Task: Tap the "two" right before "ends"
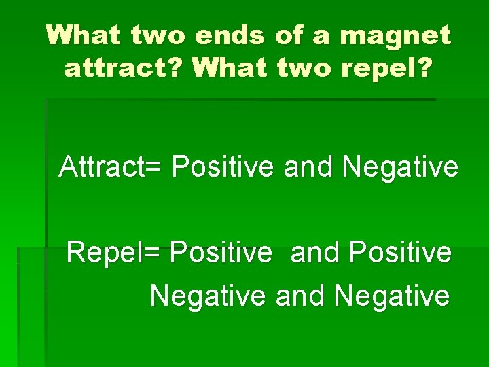coord(156,35)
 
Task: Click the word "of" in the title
coord(290,35)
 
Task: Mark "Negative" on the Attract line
coord(400,167)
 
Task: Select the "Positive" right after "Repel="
coord(221,253)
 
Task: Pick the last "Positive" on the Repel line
coord(399,253)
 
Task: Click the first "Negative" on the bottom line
coord(208,296)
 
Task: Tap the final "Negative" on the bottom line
coord(391,296)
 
